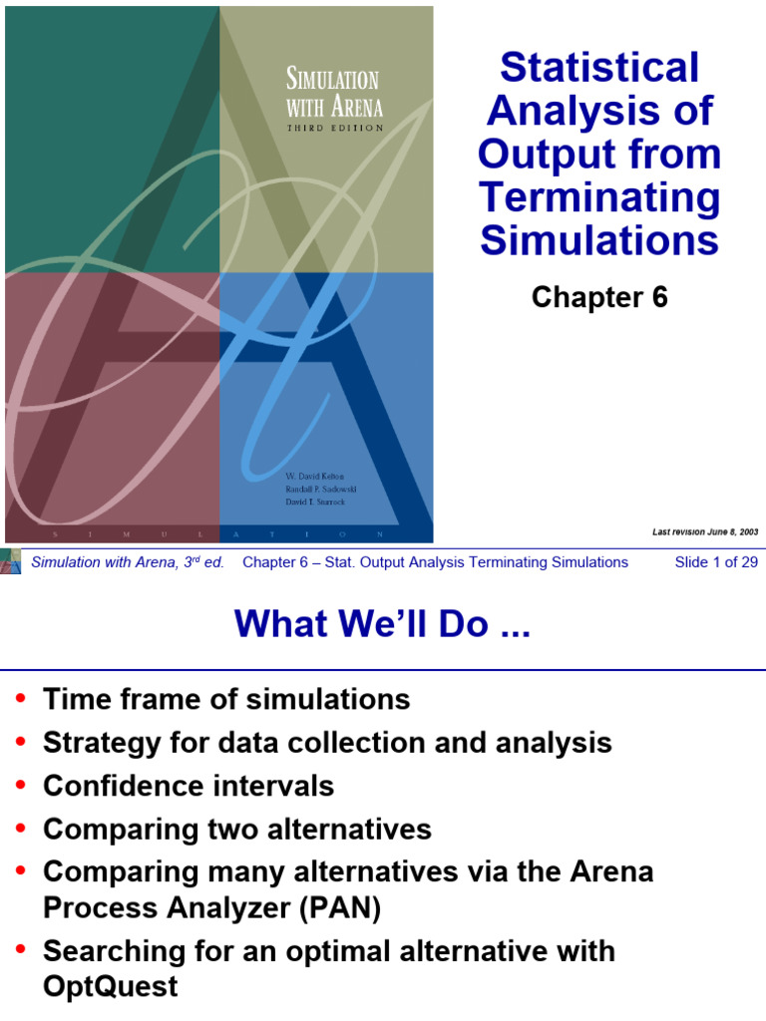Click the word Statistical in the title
[598, 68]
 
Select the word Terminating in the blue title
[598, 197]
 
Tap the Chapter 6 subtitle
[598, 297]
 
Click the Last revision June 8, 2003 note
[705, 532]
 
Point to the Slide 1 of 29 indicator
[716, 562]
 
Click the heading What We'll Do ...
[383, 625]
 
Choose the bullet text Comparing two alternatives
[237, 830]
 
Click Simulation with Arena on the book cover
[333, 92]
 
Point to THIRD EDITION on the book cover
[334, 129]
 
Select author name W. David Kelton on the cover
[316, 478]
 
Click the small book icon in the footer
[11, 560]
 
